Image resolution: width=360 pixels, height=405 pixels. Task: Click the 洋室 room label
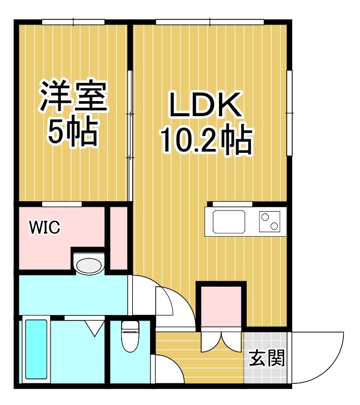coord(73,96)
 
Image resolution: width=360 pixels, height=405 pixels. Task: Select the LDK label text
coord(206,104)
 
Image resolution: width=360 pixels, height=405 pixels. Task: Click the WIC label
coord(44,227)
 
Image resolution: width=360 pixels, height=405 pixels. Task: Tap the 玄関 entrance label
coord(267,358)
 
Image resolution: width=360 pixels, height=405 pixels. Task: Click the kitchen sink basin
coord(229,221)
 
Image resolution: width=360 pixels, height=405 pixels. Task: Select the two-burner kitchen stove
coord(270,221)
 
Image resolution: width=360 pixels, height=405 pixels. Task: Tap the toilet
coord(130,336)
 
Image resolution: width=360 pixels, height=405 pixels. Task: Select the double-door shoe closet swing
coord(222,342)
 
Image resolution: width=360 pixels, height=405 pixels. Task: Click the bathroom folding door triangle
coord(94,328)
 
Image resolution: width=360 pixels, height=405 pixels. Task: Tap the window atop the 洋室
coord(73,22)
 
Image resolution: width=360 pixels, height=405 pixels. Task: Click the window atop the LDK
coord(209,22)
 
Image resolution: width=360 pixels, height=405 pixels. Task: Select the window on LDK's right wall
coord(289,113)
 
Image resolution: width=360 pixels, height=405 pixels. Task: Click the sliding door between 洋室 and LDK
coord(131,136)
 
